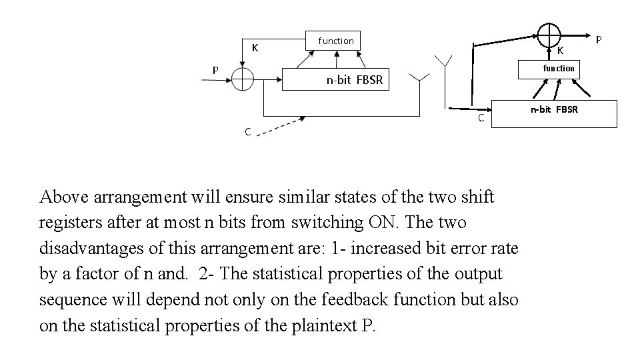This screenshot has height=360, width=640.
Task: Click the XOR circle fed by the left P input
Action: tap(243, 80)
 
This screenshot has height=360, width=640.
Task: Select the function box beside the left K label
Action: tap(335, 41)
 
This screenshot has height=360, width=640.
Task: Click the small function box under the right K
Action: tap(558, 68)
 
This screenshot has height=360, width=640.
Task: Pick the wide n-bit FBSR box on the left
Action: tap(354, 79)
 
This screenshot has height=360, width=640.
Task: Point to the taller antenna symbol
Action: tap(444, 62)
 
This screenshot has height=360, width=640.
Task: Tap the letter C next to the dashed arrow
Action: tap(247, 132)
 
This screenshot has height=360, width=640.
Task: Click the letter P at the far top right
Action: tap(598, 40)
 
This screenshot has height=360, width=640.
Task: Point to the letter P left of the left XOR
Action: tap(215, 70)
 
